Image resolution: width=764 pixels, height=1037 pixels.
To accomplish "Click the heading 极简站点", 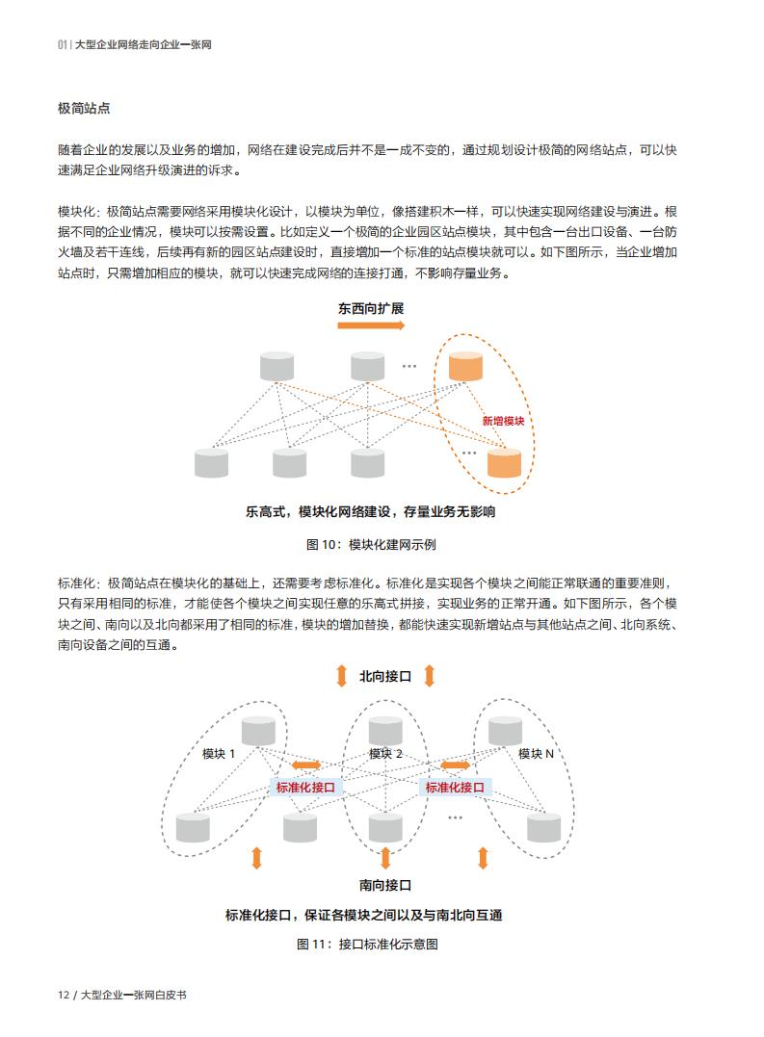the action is [84, 109].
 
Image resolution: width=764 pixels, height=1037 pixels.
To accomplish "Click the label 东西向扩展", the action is [370, 309].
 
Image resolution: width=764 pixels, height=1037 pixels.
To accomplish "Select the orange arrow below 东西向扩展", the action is [370, 325].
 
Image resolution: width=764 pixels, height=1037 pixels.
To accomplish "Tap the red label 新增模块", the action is [503, 422].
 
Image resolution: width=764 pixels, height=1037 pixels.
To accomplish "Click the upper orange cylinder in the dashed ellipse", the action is [465, 367].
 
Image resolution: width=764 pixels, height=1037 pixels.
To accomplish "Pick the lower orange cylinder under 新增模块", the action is [504, 462].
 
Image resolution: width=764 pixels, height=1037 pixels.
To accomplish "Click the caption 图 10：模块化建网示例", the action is [370, 545].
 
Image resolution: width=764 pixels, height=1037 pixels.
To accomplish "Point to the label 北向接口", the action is [385, 677].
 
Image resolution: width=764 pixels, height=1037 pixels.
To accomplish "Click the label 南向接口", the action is [385, 885].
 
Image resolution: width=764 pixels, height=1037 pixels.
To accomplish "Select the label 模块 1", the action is [219, 754].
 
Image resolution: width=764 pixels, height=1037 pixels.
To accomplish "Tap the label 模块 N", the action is [536, 754].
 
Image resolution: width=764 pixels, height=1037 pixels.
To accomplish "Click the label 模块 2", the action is [385, 754].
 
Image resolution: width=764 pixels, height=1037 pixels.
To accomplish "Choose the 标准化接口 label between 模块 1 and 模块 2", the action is [305, 788].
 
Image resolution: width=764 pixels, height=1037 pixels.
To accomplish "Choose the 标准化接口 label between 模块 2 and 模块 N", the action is [455, 788].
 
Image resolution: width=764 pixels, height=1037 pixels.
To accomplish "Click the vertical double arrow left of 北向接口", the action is [341, 676].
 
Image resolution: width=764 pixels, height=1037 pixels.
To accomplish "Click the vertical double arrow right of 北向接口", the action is [429, 676].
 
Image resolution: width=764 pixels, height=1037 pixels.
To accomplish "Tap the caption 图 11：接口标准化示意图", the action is [367, 945].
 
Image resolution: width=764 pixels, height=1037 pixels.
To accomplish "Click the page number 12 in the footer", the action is [64, 995].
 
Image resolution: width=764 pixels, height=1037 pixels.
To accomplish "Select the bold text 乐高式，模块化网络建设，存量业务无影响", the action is [370, 512].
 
